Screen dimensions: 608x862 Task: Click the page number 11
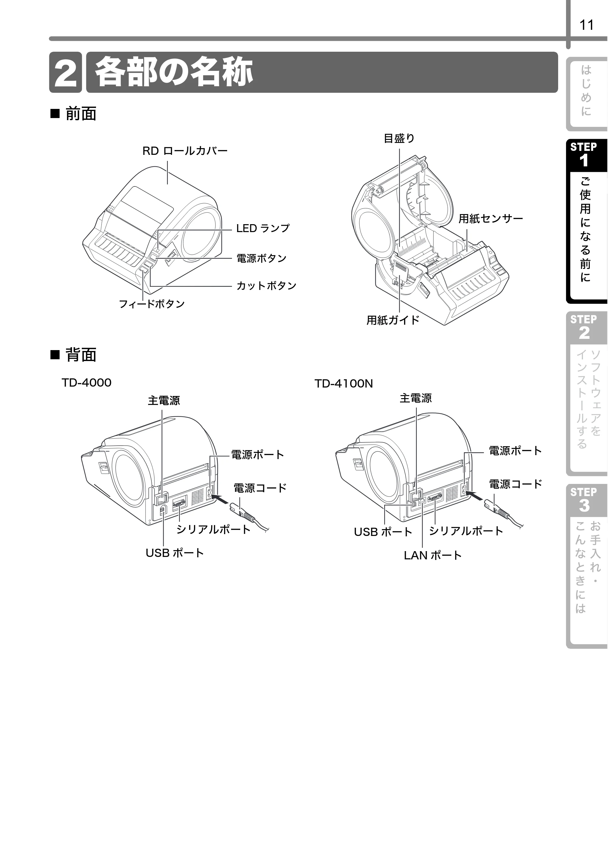pyautogui.click(x=587, y=25)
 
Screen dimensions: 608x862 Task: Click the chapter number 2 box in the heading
pyautogui.click(x=65, y=72)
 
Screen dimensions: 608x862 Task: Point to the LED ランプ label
pyautogui.click(x=263, y=228)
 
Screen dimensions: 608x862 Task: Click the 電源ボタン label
pyautogui.click(x=261, y=258)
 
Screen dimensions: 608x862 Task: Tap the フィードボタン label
pyautogui.click(x=152, y=304)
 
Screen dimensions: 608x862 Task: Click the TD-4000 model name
pyautogui.click(x=86, y=383)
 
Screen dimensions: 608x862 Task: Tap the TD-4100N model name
pyautogui.click(x=344, y=384)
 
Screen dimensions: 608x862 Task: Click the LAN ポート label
pyautogui.click(x=433, y=555)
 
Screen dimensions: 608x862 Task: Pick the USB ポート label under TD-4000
pyautogui.click(x=174, y=553)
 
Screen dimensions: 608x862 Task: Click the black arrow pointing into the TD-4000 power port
pyautogui.click(x=221, y=500)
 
